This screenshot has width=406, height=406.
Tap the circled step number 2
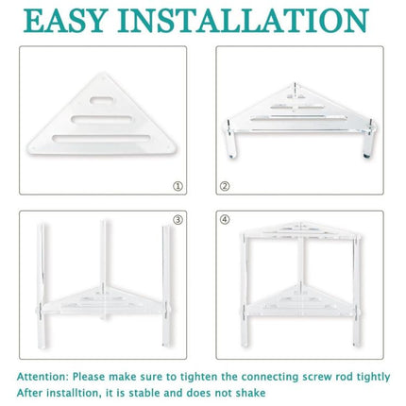tap(225, 187)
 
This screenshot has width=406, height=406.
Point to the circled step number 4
tap(225, 221)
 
